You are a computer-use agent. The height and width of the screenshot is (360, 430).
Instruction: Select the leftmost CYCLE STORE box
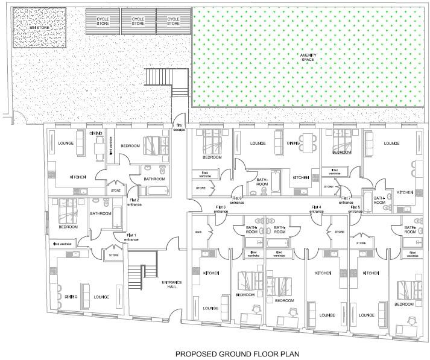103,21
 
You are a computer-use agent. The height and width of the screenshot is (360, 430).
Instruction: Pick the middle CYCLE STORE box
138,21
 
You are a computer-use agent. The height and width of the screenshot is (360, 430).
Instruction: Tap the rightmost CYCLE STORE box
173,21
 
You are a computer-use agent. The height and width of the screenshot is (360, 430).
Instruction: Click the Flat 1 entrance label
131,238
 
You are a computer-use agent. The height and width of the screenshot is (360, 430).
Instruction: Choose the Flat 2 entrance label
134,202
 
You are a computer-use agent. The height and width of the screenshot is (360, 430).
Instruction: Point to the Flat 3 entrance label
221,209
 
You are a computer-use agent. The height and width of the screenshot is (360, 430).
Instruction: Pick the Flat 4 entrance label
316,209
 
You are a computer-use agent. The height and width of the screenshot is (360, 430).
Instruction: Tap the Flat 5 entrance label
354,209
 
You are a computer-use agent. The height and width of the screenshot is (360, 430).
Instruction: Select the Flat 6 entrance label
237,200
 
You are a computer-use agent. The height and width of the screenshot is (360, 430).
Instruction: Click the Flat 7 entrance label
346,200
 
